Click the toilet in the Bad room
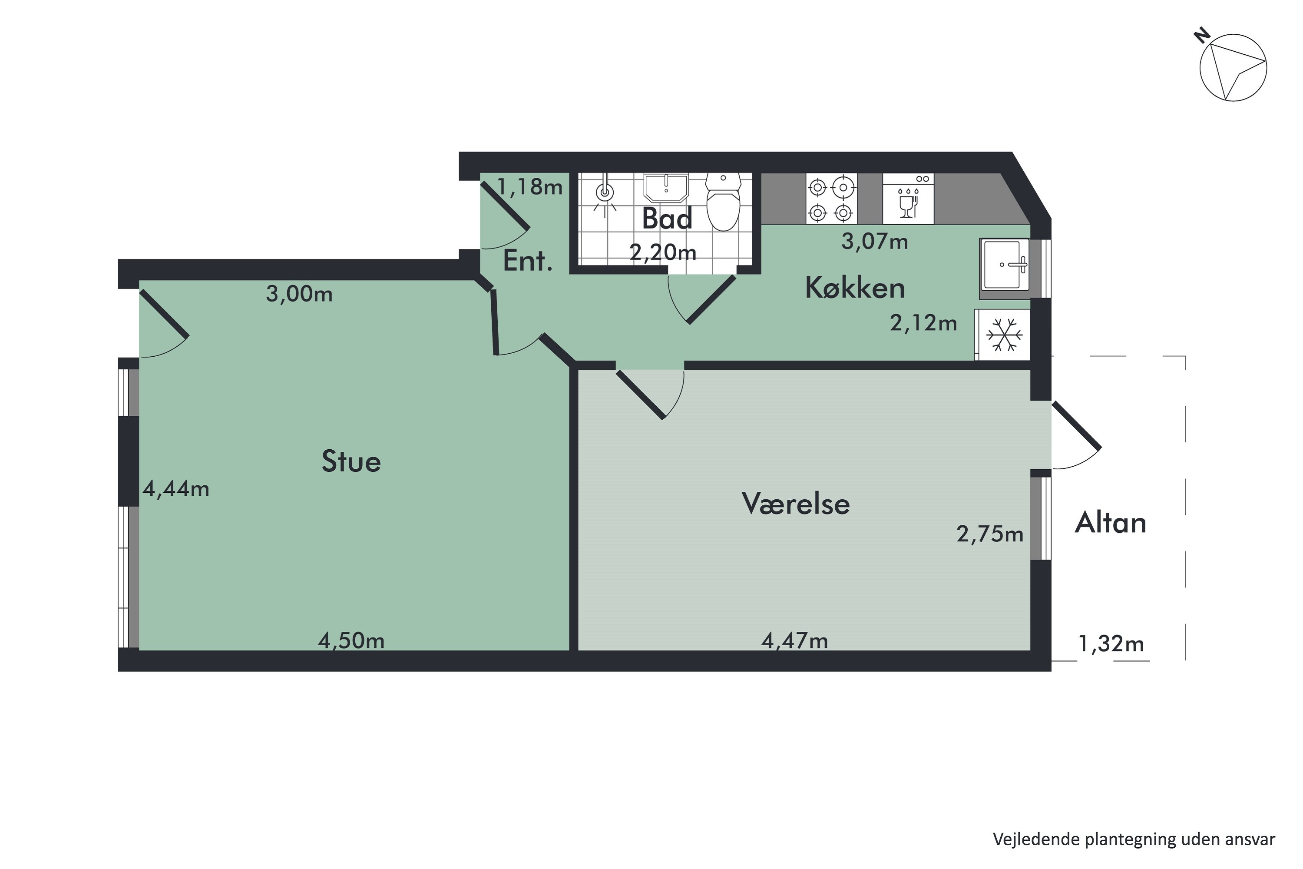[723, 204]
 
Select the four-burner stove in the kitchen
[831, 199]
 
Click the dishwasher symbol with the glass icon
[908, 199]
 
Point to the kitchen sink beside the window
[1004, 265]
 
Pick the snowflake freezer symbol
[1003, 335]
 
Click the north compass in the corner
[1233, 68]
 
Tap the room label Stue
[351, 461]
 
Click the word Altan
[1111, 523]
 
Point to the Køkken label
[855, 288]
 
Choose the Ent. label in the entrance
[527, 262]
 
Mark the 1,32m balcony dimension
[1111, 644]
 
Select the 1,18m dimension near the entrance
[529, 187]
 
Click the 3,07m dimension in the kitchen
[874, 242]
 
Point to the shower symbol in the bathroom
[605, 194]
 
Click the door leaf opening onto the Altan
[1076, 425]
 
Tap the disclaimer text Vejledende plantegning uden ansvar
[1134, 839]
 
